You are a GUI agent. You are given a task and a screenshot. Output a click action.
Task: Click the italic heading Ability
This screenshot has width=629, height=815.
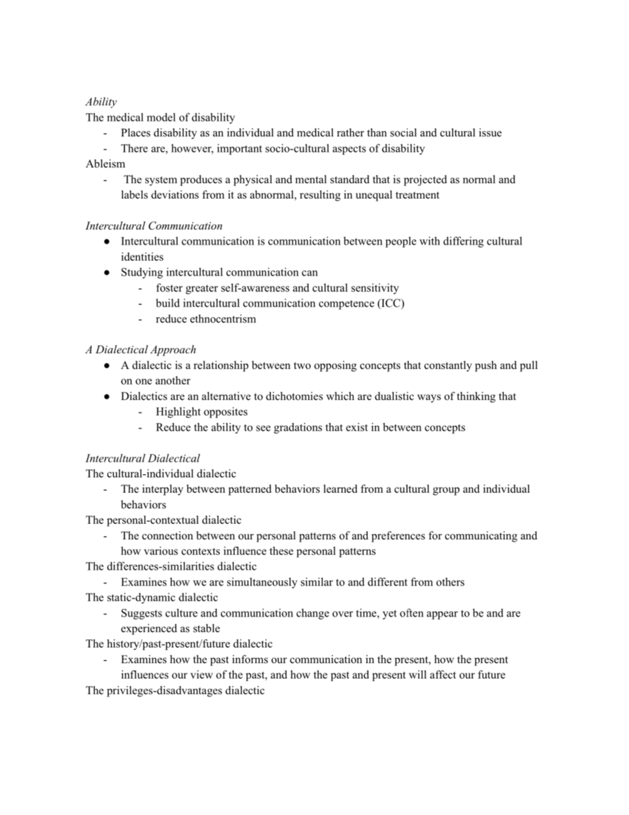click(x=101, y=102)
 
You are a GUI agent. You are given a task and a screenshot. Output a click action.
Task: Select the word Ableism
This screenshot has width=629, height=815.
click(x=105, y=164)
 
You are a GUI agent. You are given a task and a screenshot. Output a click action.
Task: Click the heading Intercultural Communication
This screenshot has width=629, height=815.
click(x=154, y=226)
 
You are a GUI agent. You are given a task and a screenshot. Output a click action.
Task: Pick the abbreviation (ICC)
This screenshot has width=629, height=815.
click(x=391, y=303)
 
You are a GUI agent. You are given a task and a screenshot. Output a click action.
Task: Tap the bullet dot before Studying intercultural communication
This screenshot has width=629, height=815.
click(x=107, y=273)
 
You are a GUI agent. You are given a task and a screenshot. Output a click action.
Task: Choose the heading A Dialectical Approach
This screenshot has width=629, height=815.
click(x=140, y=350)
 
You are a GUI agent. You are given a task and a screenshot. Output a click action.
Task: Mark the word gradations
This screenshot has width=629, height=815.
click(x=295, y=428)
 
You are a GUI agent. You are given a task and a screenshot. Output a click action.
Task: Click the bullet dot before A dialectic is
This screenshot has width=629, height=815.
click(x=107, y=366)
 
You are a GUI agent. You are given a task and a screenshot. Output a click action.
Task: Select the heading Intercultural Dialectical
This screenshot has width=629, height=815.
click(x=143, y=459)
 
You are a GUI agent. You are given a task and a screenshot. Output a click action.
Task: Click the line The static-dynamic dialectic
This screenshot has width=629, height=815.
click(x=151, y=598)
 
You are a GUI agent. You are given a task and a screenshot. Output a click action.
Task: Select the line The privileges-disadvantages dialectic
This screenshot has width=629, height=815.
click(x=175, y=691)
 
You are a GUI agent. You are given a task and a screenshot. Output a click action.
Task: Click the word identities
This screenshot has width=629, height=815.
click(x=142, y=257)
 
